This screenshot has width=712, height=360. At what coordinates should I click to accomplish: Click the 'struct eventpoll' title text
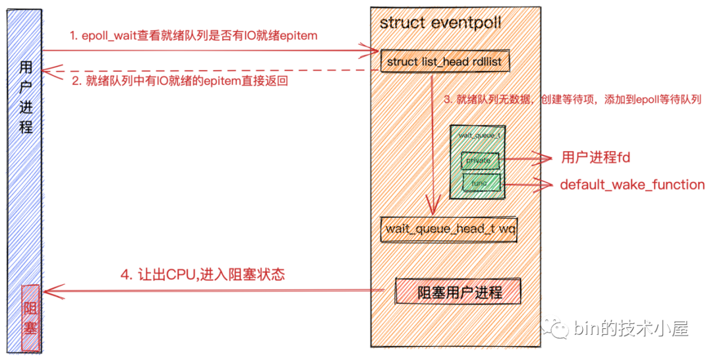pyautogui.click(x=440, y=23)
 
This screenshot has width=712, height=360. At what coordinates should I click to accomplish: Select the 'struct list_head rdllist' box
pyautogui.click(x=445, y=62)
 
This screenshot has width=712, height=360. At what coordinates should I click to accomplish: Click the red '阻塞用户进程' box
pyautogui.click(x=459, y=292)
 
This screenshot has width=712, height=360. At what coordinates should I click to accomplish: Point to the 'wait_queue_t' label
pyautogui.click(x=478, y=135)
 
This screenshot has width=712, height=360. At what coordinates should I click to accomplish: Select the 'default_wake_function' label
pyautogui.click(x=632, y=185)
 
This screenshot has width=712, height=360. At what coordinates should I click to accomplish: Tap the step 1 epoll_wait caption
pyautogui.click(x=194, y=36)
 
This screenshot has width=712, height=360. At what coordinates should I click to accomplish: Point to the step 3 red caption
pyautogui.click(x=572, y=100)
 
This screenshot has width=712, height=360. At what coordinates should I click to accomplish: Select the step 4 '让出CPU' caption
pyautogui.click(x=202, y=275)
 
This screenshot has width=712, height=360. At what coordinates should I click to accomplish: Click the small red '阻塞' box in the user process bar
pyautogui.click(x=30, y=318)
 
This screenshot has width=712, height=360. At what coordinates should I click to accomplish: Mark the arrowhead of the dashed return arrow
pyautogui.click(x=49, y=69)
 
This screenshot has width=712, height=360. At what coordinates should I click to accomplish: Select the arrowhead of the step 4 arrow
pyautogui.click(x=50, y=291)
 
